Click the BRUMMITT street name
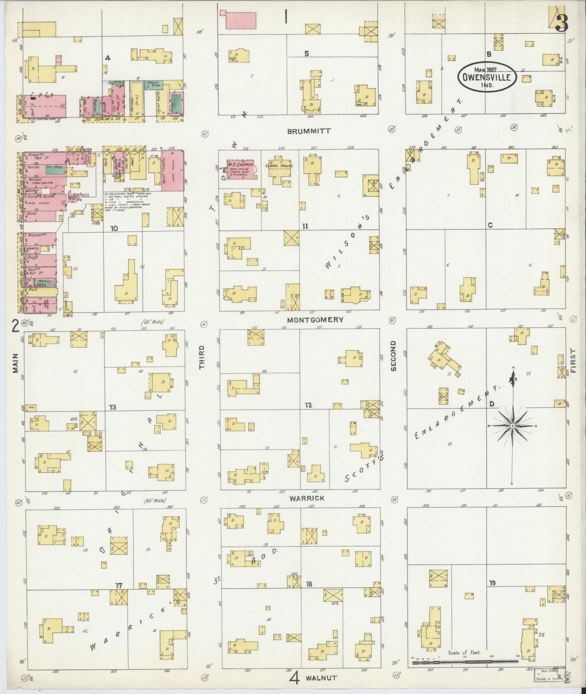point(309,131)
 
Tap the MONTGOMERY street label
point(315,320)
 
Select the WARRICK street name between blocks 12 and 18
point(307,498)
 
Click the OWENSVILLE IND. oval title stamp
point(486,77)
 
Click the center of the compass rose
point(512,426)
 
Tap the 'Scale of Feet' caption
point(464,653)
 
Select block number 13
point(112,407)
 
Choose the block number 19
point(492,583)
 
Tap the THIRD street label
point(202,357)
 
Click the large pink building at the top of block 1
point(241,20)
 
